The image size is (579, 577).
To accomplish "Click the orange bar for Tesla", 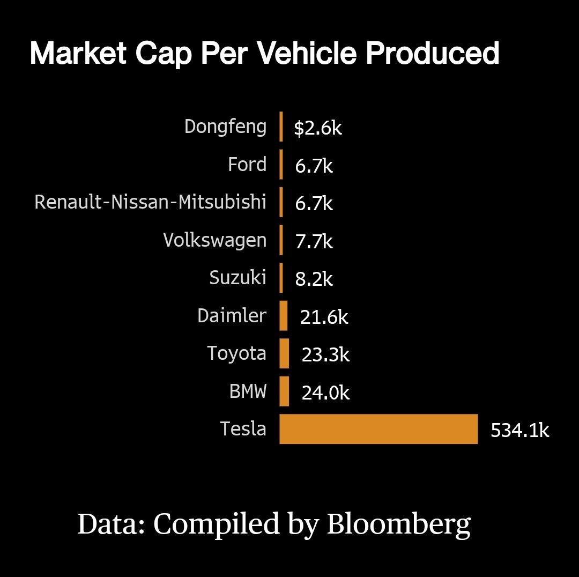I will (x=378, y=429).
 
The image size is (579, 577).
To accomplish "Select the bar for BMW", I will (x=284, y=391).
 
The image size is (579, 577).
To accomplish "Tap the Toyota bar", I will (x=284, y=353).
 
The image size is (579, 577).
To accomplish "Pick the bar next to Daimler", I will (x=284, y=315).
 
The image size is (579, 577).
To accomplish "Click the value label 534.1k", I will (x=519, y=431).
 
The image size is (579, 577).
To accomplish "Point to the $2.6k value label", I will (x=317, y=128).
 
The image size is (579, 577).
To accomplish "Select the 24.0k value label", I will (x=325, y=393).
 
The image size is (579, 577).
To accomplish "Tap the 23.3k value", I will (x=325, y=355).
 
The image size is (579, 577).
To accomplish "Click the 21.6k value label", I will (x=324, y=317).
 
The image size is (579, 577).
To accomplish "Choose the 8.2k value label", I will (x=314, y=279).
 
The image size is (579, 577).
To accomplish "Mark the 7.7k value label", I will (x=314, y=241).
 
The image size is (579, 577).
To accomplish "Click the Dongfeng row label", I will (x=225, y=127).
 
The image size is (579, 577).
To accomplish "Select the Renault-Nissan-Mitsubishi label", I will (x=150, y=202).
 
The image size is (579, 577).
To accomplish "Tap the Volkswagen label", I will (x=214, y=240).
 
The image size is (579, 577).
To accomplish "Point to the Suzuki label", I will (x=237, y=278).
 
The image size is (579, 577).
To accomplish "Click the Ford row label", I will (x=247, y=164).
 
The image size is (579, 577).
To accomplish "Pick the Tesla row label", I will (x=243, y=429).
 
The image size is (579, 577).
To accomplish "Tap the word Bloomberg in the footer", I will (x=399, y=524).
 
